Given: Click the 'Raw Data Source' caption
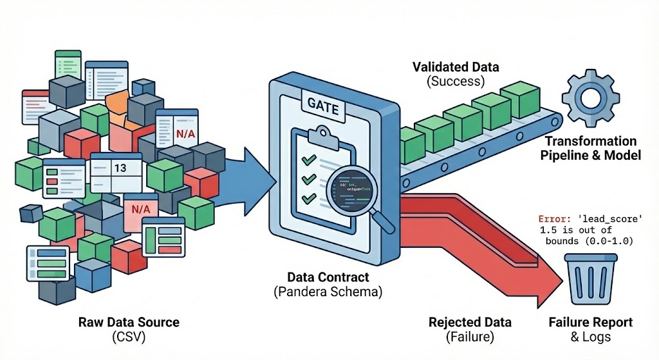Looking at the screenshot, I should click(x=129, y=322).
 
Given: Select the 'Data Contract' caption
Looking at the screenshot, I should click(x=328, y=278).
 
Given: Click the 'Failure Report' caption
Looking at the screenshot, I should click(x=590, y=322).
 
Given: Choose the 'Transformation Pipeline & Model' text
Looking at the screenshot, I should click(x=590, y=148).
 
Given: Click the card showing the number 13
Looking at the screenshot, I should click(x=119, y=169).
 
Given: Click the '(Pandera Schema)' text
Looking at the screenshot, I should click(x=328, y=291).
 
